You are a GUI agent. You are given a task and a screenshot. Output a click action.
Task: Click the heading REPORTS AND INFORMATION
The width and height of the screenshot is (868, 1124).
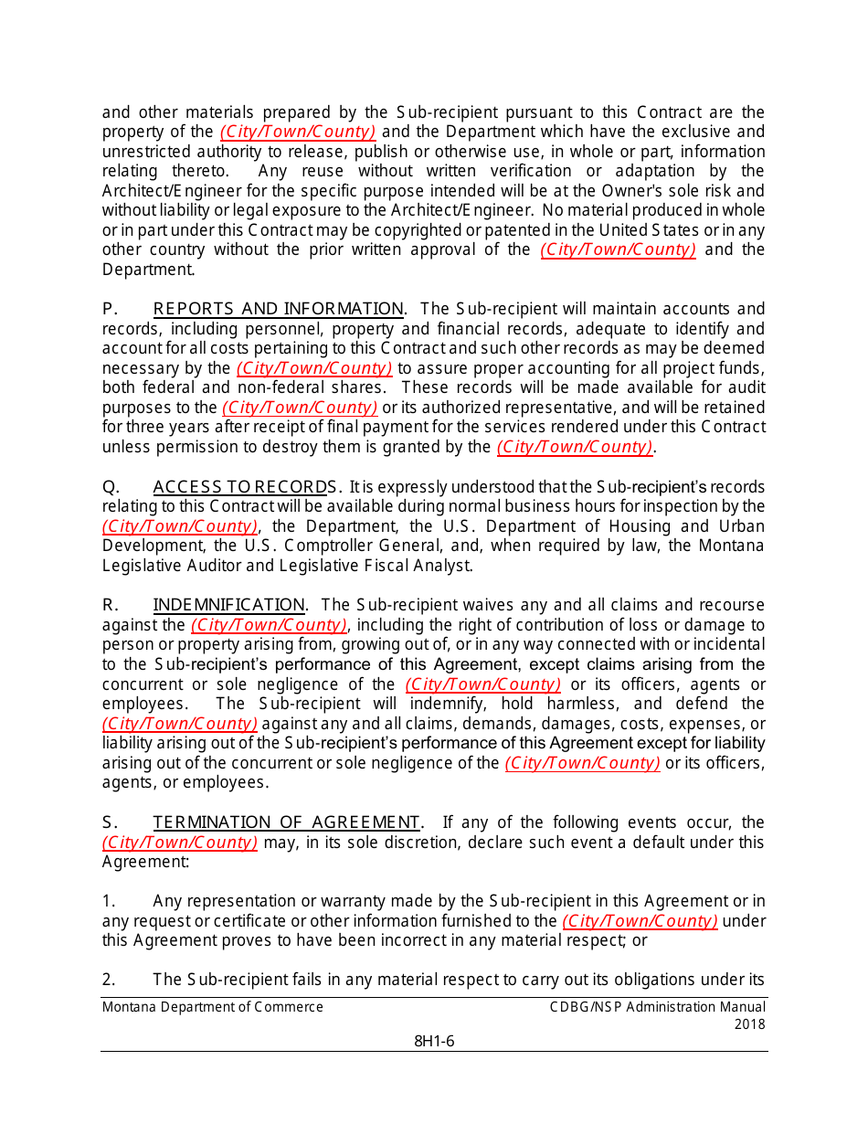278,309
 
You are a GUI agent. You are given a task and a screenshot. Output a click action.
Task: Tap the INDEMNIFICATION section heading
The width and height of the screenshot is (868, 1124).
228,605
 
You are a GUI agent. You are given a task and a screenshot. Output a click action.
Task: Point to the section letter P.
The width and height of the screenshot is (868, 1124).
109,309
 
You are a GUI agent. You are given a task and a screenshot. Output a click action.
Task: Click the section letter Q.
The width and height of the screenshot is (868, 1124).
110,487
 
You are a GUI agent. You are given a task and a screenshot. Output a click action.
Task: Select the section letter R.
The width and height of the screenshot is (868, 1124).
109,605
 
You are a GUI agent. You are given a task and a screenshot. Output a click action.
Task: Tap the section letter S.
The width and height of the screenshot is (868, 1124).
109,822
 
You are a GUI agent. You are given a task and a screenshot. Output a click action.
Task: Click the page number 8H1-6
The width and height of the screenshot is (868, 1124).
434,1042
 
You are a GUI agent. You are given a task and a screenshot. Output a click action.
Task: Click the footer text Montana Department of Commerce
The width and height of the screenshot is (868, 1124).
213,1007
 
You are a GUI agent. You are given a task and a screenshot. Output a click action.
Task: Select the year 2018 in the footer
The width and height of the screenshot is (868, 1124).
749,1024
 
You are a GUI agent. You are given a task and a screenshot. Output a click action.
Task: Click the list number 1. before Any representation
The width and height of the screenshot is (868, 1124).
109,901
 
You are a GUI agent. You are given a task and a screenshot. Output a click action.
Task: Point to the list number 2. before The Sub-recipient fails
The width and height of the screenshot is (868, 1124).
109,980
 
